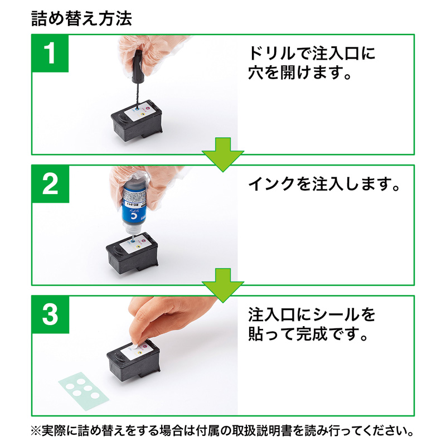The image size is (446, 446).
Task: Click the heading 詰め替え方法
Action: click(x=82, y=19)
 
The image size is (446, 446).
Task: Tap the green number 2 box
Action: click(x=50, y=183)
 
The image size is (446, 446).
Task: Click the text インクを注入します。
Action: click(x=324, y=185)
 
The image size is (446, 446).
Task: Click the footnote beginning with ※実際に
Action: click(x=223, y=432)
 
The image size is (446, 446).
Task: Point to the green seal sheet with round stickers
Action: click(x=84, y=386)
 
